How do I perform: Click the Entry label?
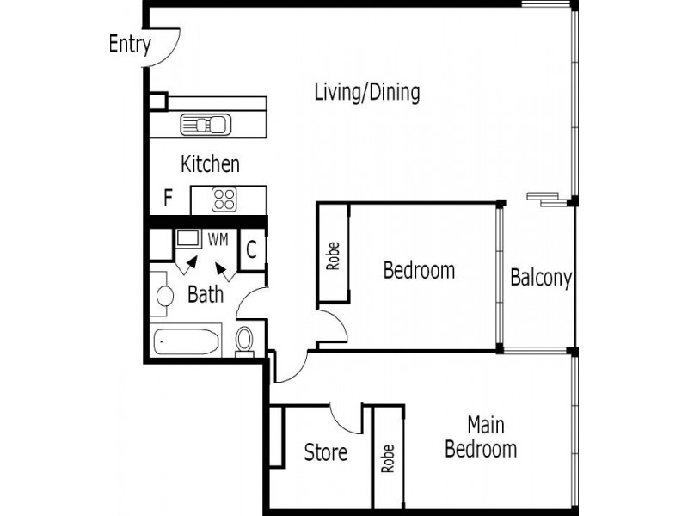pyautogui.click(x=130, y=45)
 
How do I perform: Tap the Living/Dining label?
pyautogui.click(x=367, y=92)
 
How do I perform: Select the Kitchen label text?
pyautogui.click(x=210, y=163)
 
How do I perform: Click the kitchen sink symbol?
pyautogui.click(x=206, y=125)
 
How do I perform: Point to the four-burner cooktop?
pyautogui.click(x=224, y=200)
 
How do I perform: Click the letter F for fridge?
pyautogui.click(x=169, y=200)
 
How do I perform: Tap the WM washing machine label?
pyautogui.click(x=218, y=240)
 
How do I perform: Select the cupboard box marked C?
pyautogui.click(x=251, y=250)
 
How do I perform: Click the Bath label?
pyautogui.click(x=206, y=295)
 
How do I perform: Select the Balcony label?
pyautogui.click(x=541, y=279)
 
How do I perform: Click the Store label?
pyautogui.click(x=326, y=452)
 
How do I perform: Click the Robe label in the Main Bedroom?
pyautogui.click(x=388, y=460)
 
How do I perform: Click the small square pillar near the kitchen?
pyautogui.click(x=157, y=101)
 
